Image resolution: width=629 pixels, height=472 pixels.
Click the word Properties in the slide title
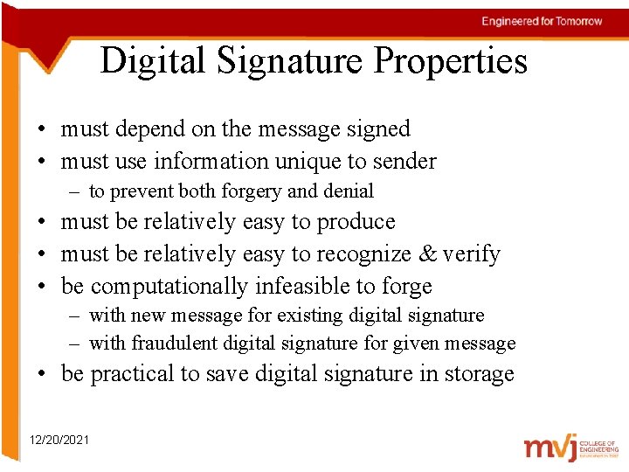coord(451,61)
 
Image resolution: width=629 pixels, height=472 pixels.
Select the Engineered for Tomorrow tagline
coord(542,21)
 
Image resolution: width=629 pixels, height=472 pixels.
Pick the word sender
coord(404,162)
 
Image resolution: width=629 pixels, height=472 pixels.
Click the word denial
coord(347,191)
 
